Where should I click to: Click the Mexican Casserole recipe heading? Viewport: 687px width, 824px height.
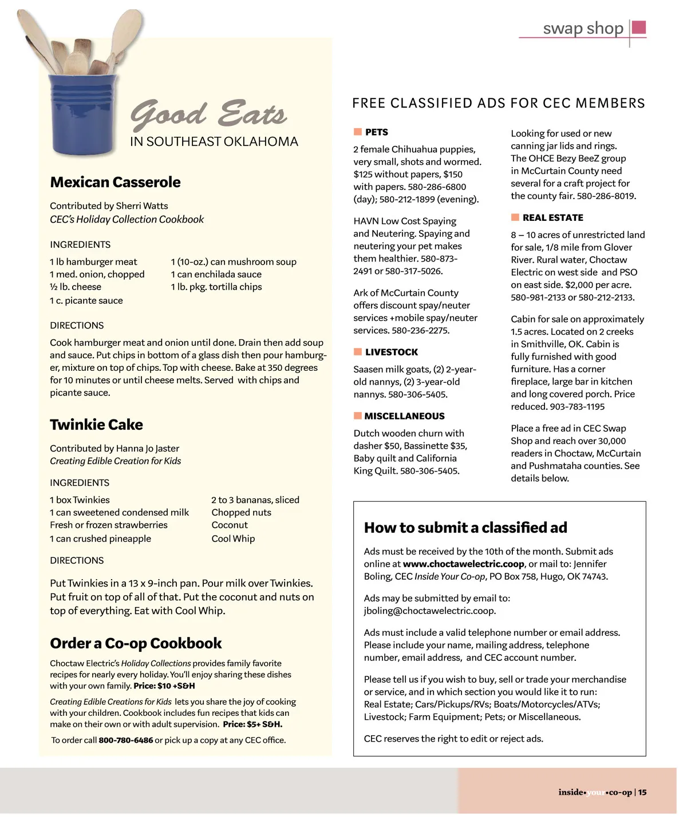(x=115, y=182)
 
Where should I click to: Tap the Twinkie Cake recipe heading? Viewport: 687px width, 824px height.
(x=96, y=425)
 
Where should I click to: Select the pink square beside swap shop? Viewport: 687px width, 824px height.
(x=639, y=27)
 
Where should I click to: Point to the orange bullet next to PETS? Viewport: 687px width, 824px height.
(x=358, y=132)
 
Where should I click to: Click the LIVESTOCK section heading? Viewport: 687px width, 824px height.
(x=392, y=352)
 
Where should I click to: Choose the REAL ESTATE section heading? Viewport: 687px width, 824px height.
(x=552, y=217)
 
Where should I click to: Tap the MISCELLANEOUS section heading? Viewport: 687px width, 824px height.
(x=404, y=416)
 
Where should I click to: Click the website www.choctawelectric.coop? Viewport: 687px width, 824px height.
(x=464, y=564)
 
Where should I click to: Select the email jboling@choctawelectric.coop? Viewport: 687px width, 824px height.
(x=429, y=611)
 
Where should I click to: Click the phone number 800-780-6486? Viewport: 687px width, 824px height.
(x=126, y=740)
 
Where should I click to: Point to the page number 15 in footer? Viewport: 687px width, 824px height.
(x=642, y=793)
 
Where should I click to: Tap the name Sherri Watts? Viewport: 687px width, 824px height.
(x=142, y=205)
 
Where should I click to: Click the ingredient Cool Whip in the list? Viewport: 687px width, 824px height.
(x=233, y=538)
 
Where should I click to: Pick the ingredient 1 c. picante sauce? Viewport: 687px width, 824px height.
(x=86, y=300)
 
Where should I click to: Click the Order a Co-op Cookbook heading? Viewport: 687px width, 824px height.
(x=136, y=643)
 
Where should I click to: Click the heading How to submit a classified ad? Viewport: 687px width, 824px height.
(x=465, y=528)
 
